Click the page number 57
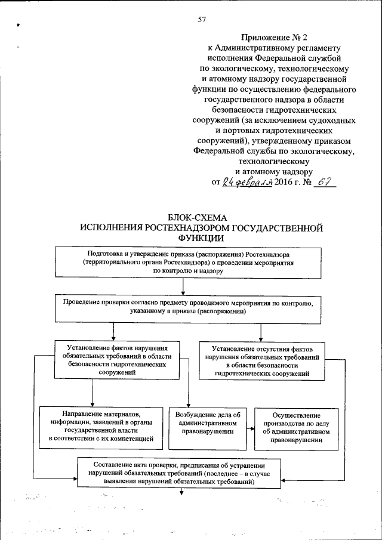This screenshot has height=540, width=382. tap(202, 20)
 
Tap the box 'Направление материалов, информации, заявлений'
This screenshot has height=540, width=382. tap(100, 428)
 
